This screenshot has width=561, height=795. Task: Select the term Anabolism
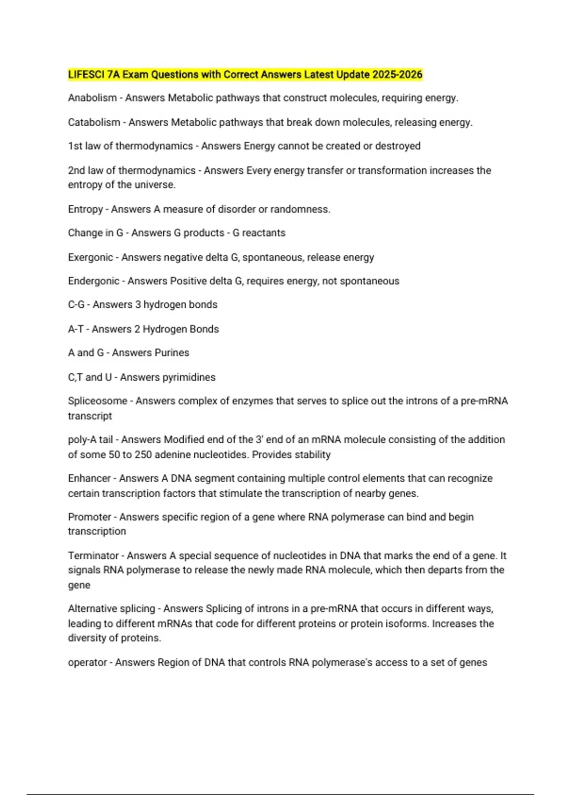click(x=92, y=98)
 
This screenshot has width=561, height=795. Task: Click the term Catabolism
click(x=94, y=122)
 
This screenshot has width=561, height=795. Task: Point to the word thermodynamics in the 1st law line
click(x=154, y=146)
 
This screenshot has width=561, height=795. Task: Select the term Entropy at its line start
click(x=85, y=209)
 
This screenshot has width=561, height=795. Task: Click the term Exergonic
click(x=90, y=257)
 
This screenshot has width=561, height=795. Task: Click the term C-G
click(x=76, y=304)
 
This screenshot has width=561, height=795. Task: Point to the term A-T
click(x=76, y=329)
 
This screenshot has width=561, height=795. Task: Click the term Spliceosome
click(x=97, y=401)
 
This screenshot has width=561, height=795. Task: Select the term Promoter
click(x=90, y=517)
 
